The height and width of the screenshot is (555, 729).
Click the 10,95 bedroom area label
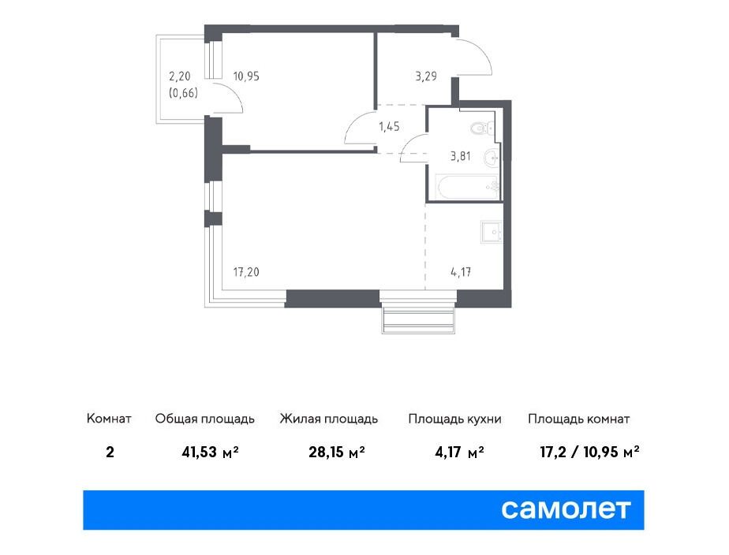point(246,76)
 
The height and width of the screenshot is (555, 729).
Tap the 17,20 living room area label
point(246,272)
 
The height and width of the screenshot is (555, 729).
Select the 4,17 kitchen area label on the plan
point(461,272)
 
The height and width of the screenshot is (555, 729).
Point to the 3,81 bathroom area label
point(460,157)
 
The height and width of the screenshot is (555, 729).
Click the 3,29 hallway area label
point(426,76)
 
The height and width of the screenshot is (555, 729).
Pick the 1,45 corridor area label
point(389,126)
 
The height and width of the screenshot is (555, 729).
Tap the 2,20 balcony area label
point(179,76)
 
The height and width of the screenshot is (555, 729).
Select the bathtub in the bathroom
point(468,187)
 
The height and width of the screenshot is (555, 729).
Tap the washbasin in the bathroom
point(491,158)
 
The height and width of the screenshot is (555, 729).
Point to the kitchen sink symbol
point(491,232)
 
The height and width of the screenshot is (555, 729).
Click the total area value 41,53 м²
point(211,452)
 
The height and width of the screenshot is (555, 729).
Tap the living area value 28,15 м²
point(337,452)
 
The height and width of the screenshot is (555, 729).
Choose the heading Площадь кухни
point(454,419)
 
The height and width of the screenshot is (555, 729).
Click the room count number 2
point(110,452)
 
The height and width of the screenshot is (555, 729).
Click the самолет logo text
point(566,509)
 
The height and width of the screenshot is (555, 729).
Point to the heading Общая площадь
point(204,419)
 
